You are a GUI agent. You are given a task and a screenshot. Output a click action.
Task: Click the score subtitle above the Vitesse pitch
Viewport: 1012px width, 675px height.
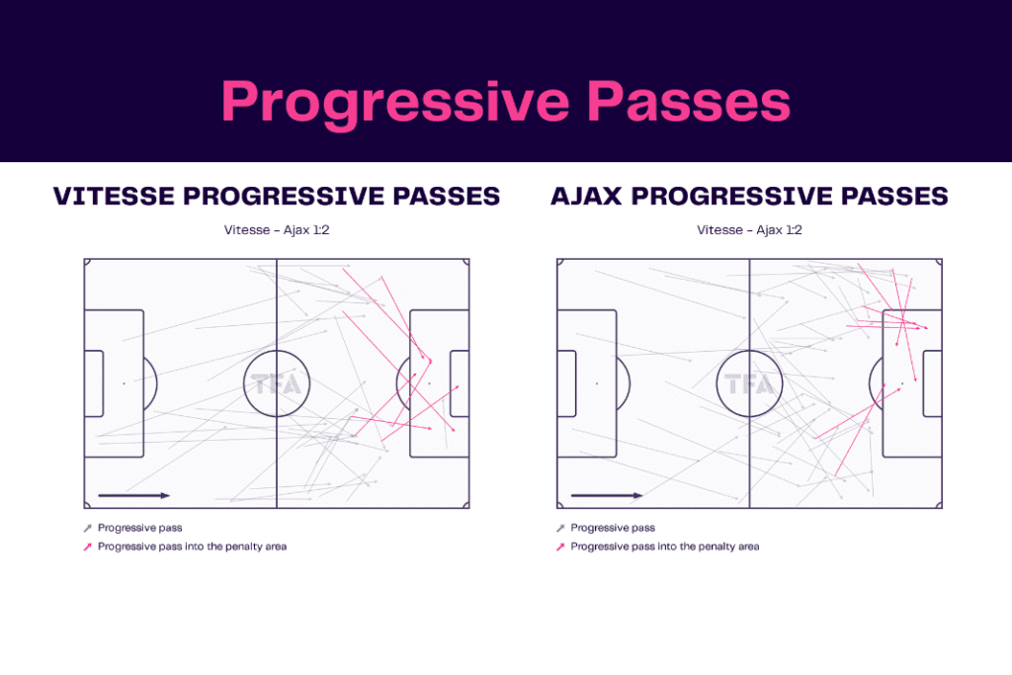pyautogui.click(x=277, y=230)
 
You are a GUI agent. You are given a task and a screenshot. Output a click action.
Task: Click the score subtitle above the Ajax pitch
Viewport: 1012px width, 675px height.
pyautogui.click(x=749, y=230)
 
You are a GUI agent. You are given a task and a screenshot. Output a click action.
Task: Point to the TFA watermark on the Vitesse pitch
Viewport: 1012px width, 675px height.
pyautogui.click(x=277, y=383)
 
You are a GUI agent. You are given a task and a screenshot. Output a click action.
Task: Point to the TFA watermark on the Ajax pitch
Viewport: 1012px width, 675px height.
pyautogui.click(x=749, y=383)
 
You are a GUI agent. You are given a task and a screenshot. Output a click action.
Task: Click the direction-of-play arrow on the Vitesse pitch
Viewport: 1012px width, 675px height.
pyautogui.click(x=133, y=495)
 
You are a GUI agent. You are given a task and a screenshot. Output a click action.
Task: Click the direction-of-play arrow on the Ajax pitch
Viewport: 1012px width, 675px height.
pyautogui.click(x=607, y=495)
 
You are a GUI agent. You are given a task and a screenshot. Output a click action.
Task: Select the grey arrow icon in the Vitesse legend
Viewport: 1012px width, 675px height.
pyautogui.click(x=89, y=529)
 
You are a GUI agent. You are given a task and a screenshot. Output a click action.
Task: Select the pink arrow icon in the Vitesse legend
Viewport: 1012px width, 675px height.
pyautogui.click(x=89, y=547)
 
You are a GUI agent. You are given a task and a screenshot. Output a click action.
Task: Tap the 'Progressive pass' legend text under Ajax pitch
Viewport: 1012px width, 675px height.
pyautogui.click(x=613, y=528)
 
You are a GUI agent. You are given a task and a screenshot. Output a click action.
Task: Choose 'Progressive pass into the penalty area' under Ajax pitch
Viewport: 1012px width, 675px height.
pyautogui.click(x=665, y=547)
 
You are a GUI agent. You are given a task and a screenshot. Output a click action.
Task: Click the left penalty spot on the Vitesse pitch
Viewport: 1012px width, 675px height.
pyautogui.click(x=124, y=383)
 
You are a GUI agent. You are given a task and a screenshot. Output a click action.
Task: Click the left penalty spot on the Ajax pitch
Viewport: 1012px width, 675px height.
pyautogui.click(x=597, y=383)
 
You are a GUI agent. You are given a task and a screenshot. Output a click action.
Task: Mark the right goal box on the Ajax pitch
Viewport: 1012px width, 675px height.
pyautogui.click(x=932, y=383)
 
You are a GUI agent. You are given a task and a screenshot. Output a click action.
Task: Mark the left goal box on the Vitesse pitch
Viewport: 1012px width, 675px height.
pyautogui.click(x=94, y=383)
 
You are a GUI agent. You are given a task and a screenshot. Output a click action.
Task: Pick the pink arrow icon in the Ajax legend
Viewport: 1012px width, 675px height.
pyautogui.click(x=561, y=547)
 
